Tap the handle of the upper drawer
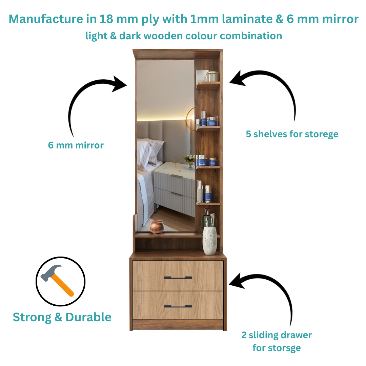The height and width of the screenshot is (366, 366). (x=178, y=278)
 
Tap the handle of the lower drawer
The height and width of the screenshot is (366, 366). (x=178, y=306)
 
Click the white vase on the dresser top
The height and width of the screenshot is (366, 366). (x=209, y=241)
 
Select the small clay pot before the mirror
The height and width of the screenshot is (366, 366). (x=157, y=227)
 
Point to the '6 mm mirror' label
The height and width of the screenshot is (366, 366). (x=76, y=145)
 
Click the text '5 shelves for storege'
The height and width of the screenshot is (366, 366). (x=292, y=134)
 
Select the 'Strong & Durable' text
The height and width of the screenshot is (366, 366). (x=62, y=317)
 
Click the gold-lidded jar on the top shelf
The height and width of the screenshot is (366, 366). (x=212, y=76)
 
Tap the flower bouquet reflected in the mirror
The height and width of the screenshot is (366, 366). (x=189, y=160)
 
